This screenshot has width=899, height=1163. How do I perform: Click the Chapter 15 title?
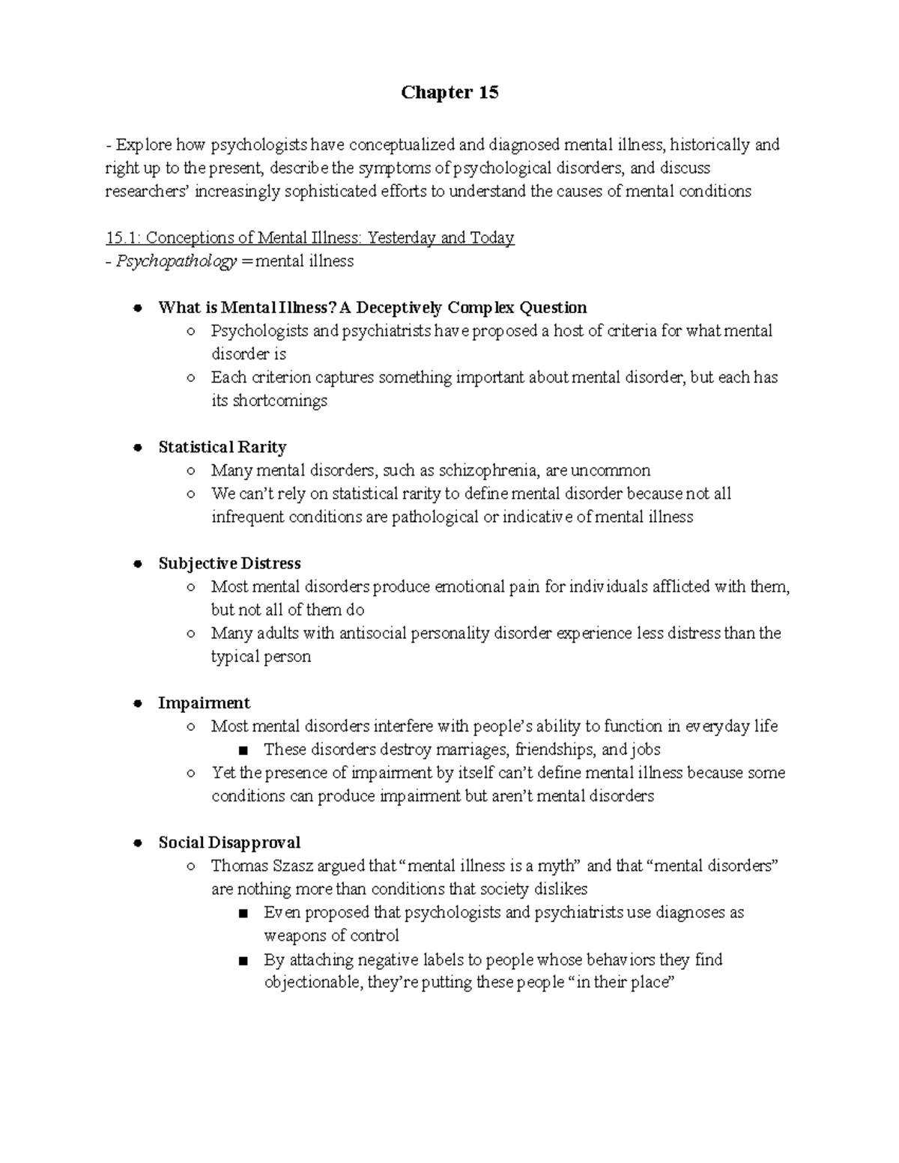[x=449, y=93]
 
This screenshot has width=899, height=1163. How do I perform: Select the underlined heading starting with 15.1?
[x=310, y=238]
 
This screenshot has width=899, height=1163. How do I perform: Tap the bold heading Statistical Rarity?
[x=223, y=447]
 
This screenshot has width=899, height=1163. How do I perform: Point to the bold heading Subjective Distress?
[x=229, y=563]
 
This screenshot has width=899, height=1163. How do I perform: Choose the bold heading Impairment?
[x=204, y=703]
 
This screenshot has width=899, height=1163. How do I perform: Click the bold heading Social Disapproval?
[x=229, y=842]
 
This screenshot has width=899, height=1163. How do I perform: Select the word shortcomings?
[x=280, y=401]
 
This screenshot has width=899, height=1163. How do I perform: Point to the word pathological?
[x=435, y=517]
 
